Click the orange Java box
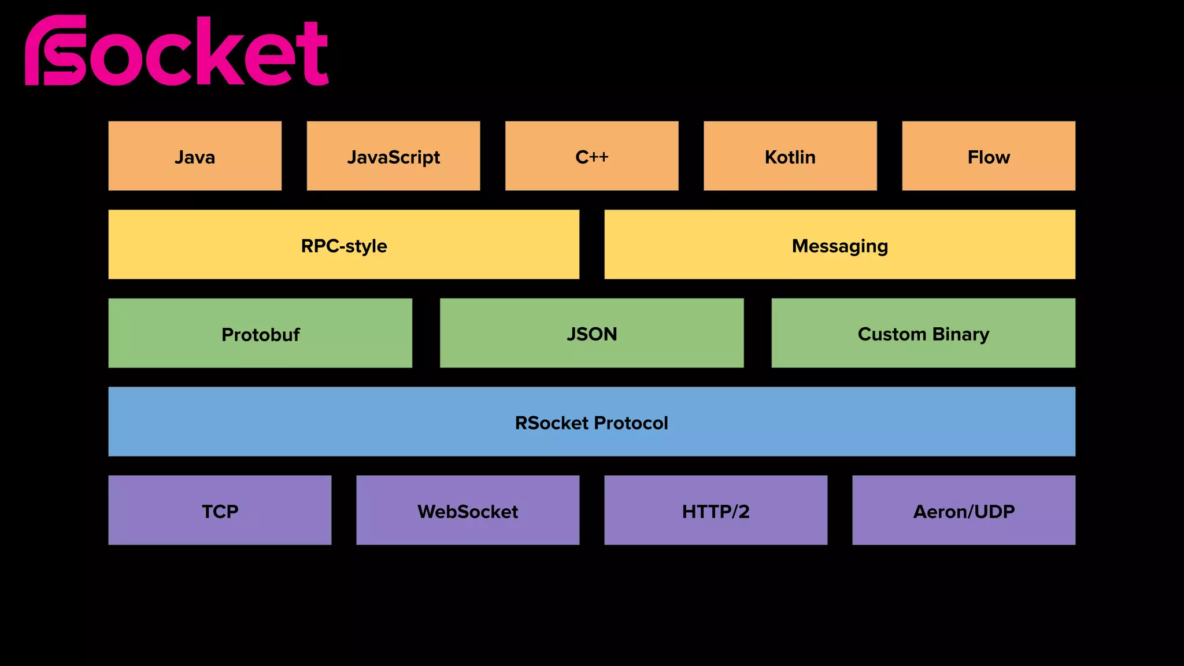click(195, 156)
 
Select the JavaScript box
click(393, 156)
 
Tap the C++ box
click(591, 156)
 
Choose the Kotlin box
click(790, 156)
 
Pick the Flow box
click(989, 156)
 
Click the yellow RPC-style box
click(343, 245)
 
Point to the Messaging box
click(839, 245)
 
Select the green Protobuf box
click(260, 334)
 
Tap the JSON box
click(591, 334)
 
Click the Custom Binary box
click(923, 334)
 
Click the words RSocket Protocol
click(591, 423)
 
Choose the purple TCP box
click(220, 510)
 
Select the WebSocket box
click(468, 510)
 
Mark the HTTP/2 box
click(716, 510)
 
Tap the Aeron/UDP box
click(964, 510)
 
